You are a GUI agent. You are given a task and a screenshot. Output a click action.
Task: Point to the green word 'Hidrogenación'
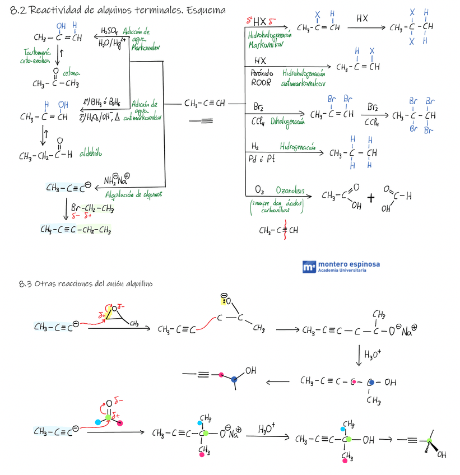[x=298, y=146]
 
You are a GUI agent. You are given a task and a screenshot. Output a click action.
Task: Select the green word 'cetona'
[x=71, y=73]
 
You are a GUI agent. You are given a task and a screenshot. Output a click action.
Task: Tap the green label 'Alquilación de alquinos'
[x=133, y=194]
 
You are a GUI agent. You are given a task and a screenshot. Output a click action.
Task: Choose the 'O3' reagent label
[x=259, y=190]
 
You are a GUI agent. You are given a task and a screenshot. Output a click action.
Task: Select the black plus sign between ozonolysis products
[x=370, y=197]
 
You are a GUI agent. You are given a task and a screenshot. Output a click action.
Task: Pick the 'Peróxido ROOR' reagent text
[x=261, y=77]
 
